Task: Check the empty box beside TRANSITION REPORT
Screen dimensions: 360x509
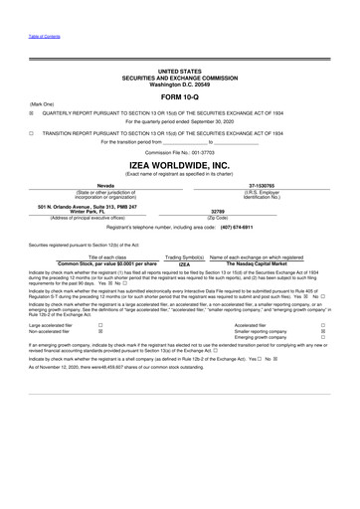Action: [33, 131]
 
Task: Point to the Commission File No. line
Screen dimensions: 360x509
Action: [179, 151]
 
